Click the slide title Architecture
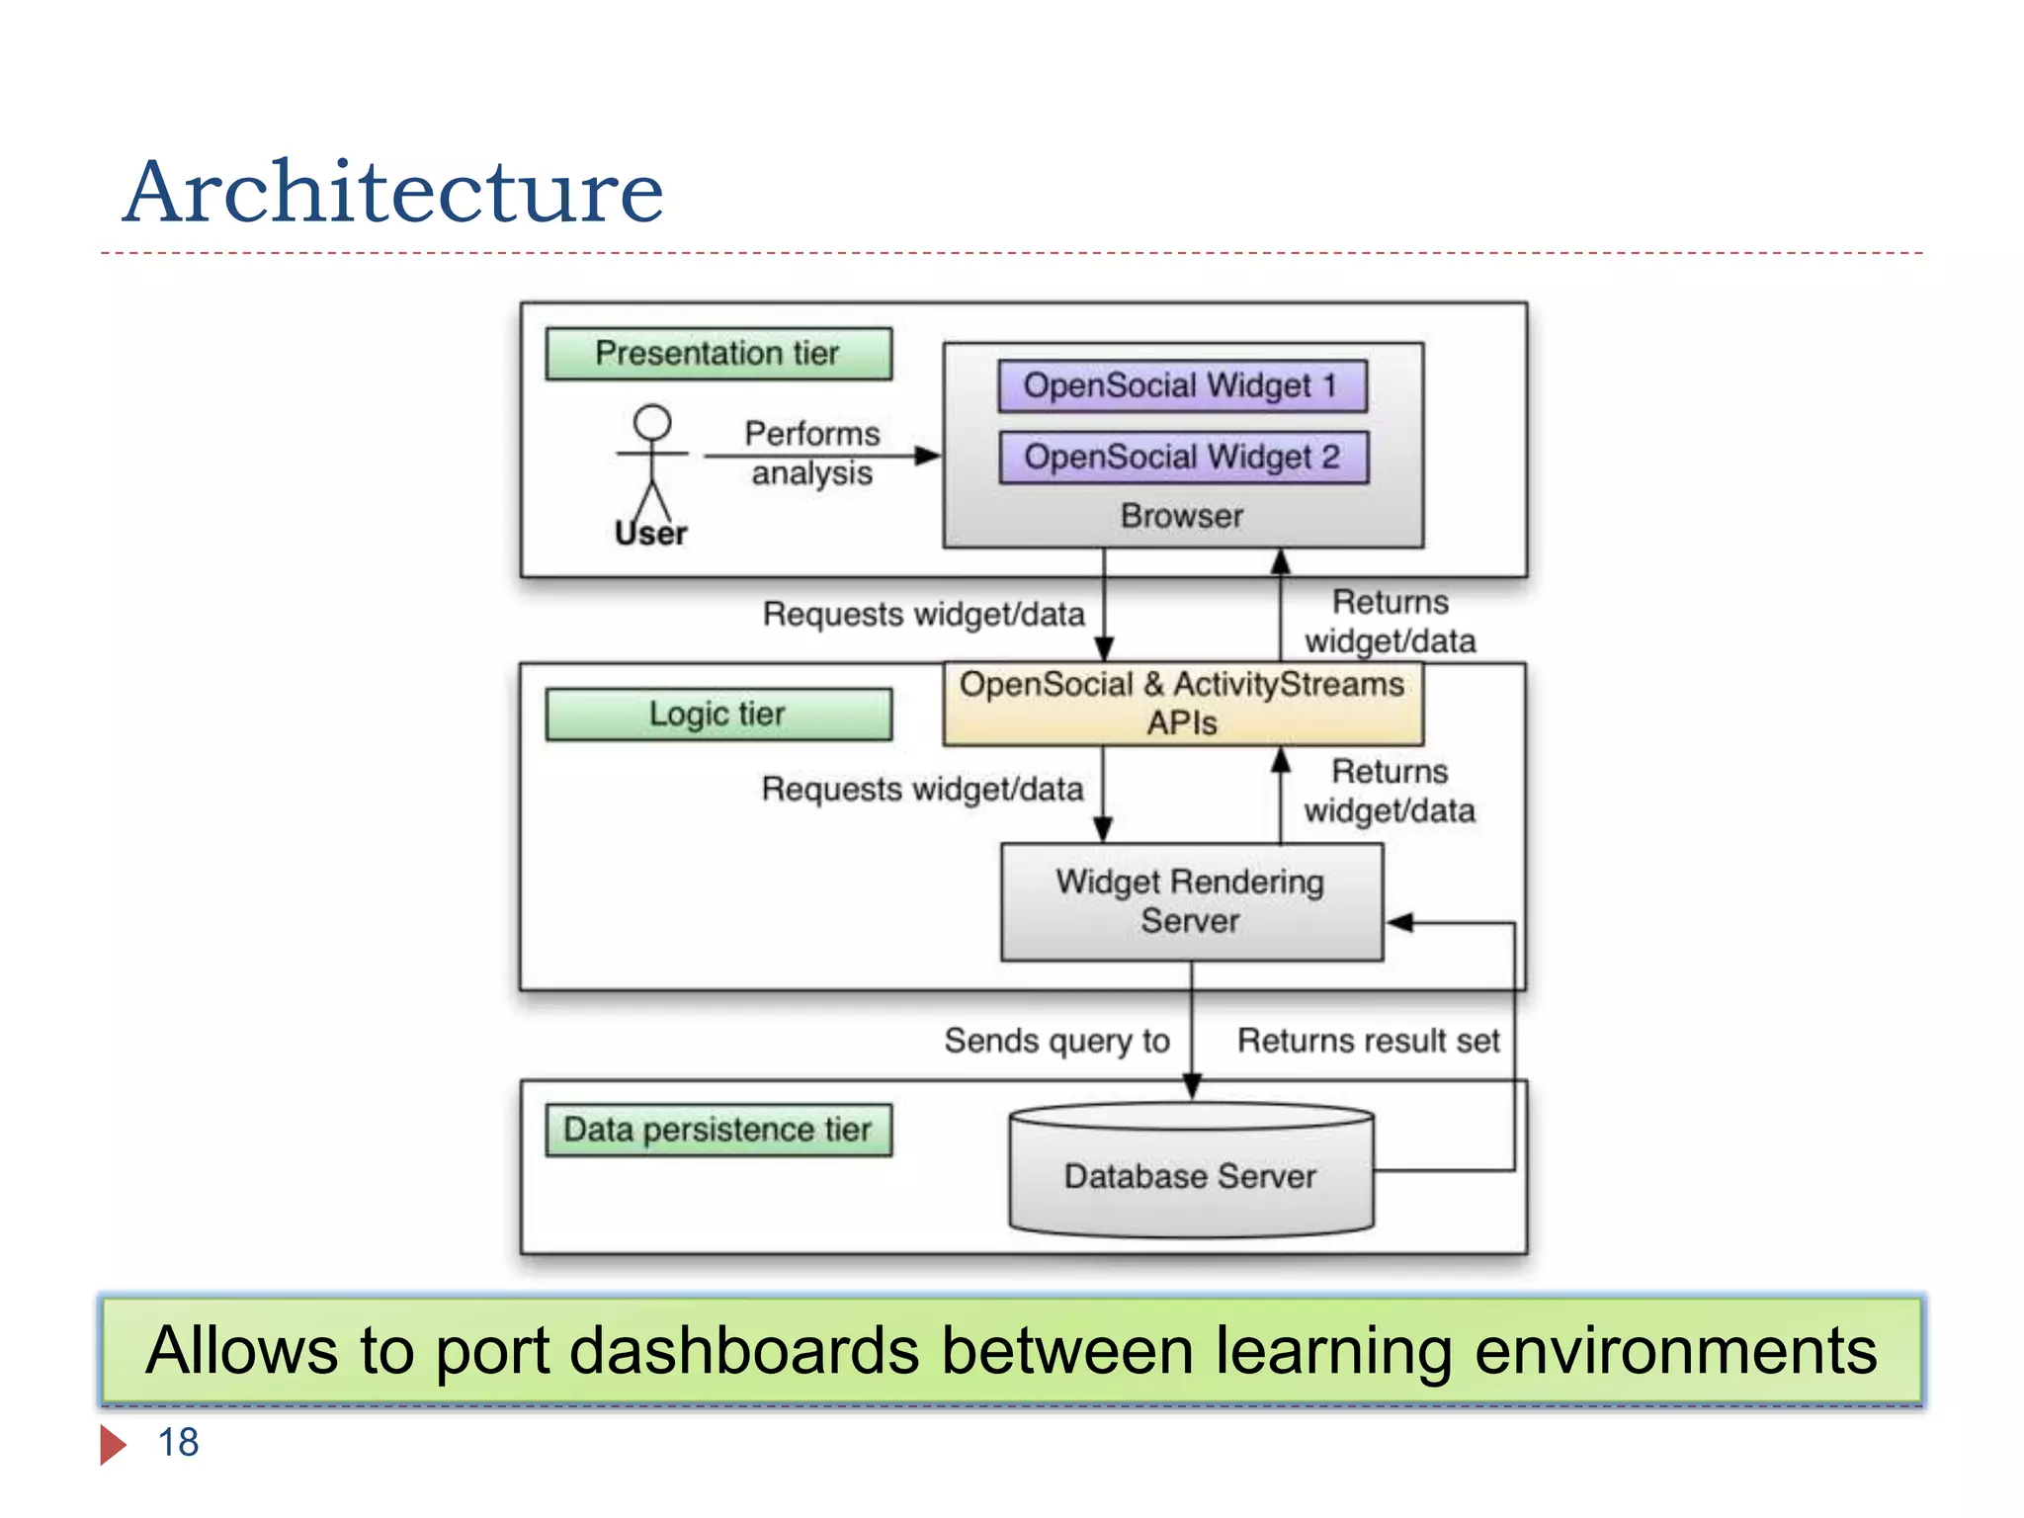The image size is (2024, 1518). coord(393,193)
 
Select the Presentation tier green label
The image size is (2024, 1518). coord(718,354)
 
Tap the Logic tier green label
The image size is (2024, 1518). coord(718,714)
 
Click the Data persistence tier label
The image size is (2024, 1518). coord(718,1130)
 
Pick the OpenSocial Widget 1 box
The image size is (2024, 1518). coord(1182,385)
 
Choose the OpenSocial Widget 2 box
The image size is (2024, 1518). coord(1182,458)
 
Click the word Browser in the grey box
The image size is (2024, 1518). coord(1182,516)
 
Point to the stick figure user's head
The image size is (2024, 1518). coord(652,422)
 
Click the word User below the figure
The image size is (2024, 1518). coord(650,535)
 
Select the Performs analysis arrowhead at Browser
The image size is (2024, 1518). coord(929,456)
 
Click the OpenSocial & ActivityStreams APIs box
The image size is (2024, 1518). coord(1182,704)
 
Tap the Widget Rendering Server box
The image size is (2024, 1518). coord(1191,901)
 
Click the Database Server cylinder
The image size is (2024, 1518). coord(1191,1176)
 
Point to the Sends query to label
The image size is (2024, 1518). coord(1056,1041)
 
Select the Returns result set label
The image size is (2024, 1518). coord(1368,1041)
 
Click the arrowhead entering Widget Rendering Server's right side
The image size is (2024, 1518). coord(1398,923)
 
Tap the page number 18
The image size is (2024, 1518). coord(179,1443)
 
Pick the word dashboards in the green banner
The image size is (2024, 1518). coord(744,1351)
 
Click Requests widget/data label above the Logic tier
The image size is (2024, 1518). coord(923,615)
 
